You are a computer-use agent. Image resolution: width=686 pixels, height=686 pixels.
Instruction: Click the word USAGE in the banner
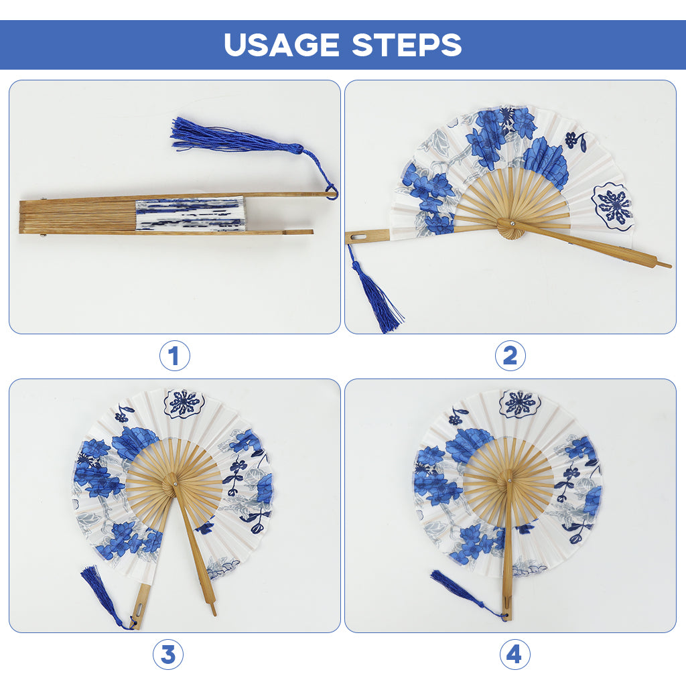(282, 45)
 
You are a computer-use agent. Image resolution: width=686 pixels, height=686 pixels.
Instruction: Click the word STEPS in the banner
(407, 45)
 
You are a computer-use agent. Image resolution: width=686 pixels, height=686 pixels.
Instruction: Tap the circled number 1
(175, 356)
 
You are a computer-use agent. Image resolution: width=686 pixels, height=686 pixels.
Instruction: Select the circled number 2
(510, 356)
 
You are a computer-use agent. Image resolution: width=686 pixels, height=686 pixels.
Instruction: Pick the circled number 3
(168, 655)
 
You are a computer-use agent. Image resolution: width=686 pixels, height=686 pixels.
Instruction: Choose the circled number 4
(515, 655)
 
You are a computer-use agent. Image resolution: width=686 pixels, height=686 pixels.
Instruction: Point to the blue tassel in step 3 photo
(102, 594)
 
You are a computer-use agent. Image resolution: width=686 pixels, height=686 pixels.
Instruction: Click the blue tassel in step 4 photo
(464, 593)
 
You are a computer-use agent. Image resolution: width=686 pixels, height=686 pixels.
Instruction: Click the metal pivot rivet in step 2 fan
(512, 224)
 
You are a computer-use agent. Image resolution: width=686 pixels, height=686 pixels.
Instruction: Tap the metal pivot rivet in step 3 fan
(175, 484)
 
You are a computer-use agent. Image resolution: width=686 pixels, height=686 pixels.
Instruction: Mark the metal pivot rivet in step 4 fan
(510, 481)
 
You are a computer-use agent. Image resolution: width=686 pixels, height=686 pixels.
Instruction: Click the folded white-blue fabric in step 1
(190, 214)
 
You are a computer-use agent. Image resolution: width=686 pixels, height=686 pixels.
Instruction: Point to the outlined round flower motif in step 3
(184, 403)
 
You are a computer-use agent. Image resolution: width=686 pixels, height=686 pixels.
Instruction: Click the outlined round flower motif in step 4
(520, 403)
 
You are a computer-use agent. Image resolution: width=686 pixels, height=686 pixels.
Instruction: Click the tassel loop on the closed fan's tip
(332, 192)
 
